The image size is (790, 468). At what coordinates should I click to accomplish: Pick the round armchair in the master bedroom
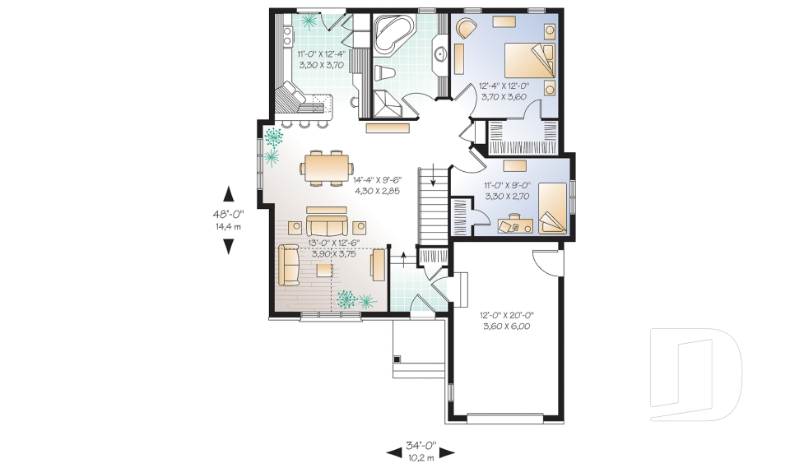(465, 30)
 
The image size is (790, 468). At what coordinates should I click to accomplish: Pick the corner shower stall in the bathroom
(387, 103)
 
